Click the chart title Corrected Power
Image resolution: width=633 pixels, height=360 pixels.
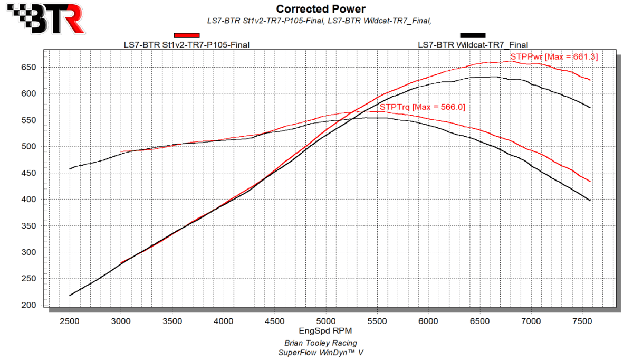[x=320, y=9]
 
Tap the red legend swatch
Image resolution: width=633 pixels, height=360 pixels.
[x=186, y=35]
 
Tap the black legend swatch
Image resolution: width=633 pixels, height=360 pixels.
[x=473, y=35]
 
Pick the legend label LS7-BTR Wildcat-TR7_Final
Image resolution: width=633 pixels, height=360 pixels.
[x=473, y=45]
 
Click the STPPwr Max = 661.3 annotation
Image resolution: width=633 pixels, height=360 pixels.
[x=553, y=56]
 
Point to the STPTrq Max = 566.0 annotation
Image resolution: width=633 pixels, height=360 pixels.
[x=422, y=107]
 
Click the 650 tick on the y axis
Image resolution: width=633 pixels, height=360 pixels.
[x=31, y=67]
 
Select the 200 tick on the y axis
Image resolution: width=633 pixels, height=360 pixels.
[x=31, y=305]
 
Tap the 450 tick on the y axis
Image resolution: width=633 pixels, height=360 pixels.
[x=31, y=173]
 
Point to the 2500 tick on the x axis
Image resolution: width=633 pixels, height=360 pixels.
[x=70, y=320]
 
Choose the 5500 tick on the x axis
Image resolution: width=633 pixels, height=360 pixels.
[x=377, y=320]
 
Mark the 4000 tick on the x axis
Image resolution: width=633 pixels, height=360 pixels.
[x=224, y=320]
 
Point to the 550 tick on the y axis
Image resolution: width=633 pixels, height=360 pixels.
[x=31, y=120]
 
